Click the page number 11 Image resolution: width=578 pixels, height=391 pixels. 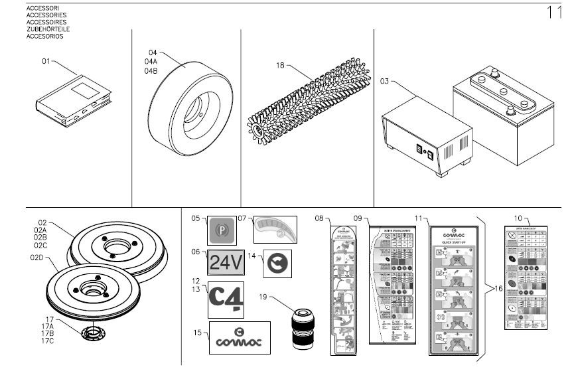click(554, 12)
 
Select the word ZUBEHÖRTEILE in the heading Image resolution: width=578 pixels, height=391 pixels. click(48, 30)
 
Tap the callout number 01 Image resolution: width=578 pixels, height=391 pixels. click(46, 61)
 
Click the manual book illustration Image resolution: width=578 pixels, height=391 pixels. click(73, 101)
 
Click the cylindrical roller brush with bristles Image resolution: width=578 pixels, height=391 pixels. click(309, 100)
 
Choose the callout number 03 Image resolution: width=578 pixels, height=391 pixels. click(384, 81)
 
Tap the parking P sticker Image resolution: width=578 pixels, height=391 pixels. click(222, 231)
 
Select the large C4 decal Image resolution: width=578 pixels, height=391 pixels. click(226, 299)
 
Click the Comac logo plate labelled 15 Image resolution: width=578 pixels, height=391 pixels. click(240, 338)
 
